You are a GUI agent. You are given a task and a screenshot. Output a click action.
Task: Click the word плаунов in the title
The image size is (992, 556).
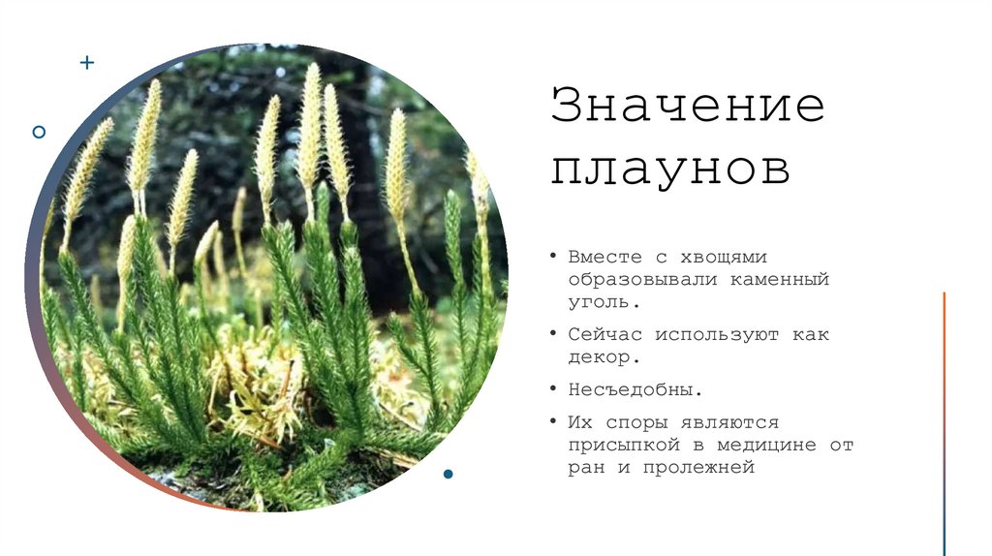click(x=670, y=170)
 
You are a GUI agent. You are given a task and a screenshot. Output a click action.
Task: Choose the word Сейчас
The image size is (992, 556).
click(x=604, y=334)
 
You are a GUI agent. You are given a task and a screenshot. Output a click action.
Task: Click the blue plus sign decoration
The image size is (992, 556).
click(x=87, y=63)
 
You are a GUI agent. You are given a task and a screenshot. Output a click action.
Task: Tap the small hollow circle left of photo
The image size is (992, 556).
click(x=39, y=131)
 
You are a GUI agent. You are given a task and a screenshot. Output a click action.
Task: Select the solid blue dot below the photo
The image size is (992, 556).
click(x=448, y=474)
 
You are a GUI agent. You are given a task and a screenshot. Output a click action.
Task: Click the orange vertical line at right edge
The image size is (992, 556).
click(x=945, y=387)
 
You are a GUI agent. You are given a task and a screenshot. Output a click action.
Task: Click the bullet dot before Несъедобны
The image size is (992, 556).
click(x=553, y=389)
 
